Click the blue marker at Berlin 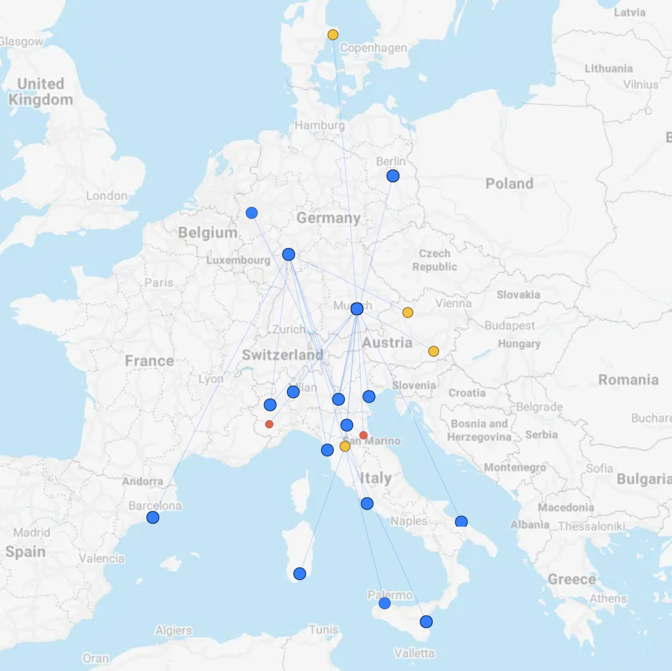pyautogui.click(x=393, y=176)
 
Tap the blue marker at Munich pyautogui.click(x=357, y=309)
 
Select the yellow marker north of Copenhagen pyautogui.click(x=333, y=35)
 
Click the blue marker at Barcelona pyautogui.click(x=153, y=517)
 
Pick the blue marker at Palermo pyautogui.click(x=385, y=603)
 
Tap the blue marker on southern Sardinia pyautogui.click(x=300, y=574)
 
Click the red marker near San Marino pyautogui.click(x=363, y=435)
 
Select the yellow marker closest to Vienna pyautogui.click(x=408, y=312)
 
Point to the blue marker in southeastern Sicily pyautogui.click(x=426, y=622)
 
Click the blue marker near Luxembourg pyautogui.click(x=289, y=254)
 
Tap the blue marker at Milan pyautogui.click(x=293, y=392)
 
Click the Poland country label pyautogui.click(x=509, y=184)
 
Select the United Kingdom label pyautogui.click(x=41, y=91)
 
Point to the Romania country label pyautogui.click(x=628, y=380)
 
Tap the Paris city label pyautogui.click(x=159, y=282)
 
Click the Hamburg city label pyautogui.click(x=320, y=125)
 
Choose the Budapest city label pyautogui.click(x=509, y=325)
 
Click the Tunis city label pyautogui.click(x=323, y=629)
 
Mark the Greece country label pyautogui.click(x=572, y=579)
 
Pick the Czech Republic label pyautogui.click(x=435, y=260)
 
